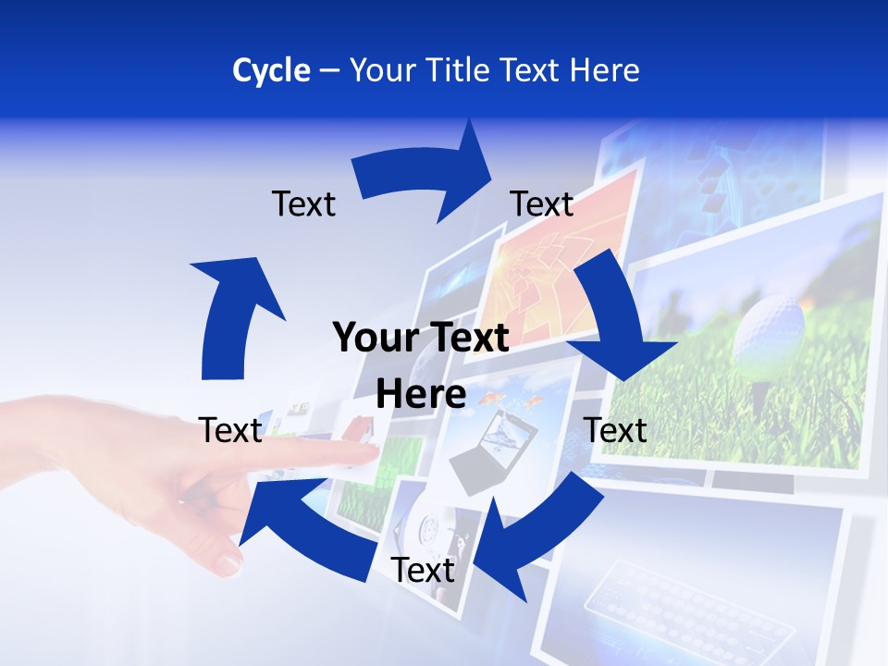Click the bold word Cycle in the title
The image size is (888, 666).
point(271,70)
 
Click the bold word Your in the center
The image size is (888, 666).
point(370,338)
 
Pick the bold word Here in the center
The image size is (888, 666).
point(421,394)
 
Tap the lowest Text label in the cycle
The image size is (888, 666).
point(423,571)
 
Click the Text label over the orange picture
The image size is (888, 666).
point(542,203)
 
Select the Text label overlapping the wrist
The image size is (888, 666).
point(230,430)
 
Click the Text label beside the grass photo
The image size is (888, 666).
point(615,430)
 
